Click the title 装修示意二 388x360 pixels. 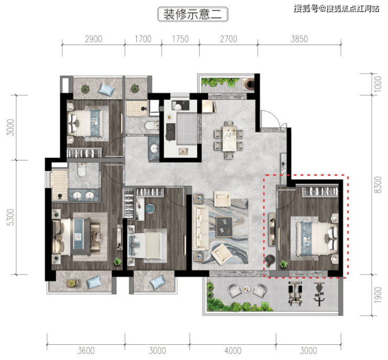pos(193,14)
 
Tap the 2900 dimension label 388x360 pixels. pos(93,39)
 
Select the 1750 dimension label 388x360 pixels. pos(180,39)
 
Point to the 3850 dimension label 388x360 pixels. pos(299,39)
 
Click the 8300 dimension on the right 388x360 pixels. pos(378,185)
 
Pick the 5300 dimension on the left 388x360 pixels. pos(10,217)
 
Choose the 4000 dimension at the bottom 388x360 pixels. pos(233,351)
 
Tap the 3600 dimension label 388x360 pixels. pos(86,351)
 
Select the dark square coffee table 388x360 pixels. pos(224,227)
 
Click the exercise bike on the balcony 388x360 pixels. pos(319,294)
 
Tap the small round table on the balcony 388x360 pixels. pos(246,289)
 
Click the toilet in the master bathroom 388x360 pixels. pos(81,170)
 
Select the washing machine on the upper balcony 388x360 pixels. pos(248,84)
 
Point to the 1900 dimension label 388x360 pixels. pos(378,295)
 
